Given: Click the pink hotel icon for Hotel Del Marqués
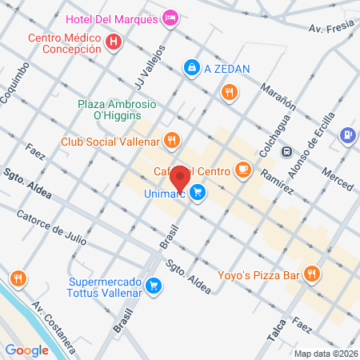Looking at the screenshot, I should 170,17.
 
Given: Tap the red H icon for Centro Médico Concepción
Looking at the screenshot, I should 114,40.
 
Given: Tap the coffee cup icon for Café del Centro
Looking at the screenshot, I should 244,170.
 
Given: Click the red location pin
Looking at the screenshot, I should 181,178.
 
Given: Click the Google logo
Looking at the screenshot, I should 27,350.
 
